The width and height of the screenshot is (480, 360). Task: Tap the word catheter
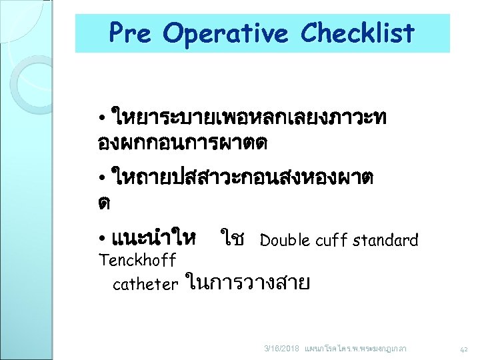coord(145,285)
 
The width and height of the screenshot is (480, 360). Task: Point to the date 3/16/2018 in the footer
coord(282,348)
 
